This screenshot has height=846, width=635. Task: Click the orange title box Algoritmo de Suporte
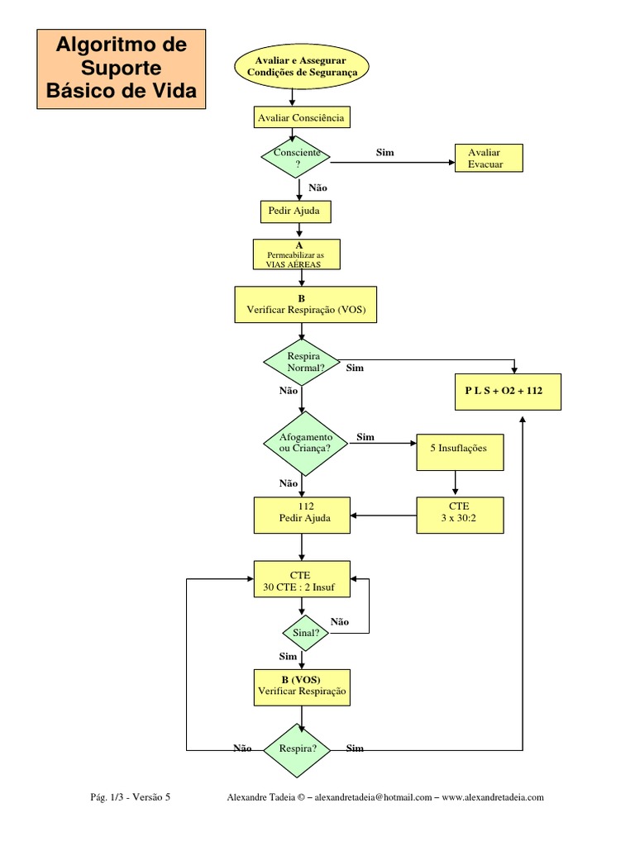click(x=121, y=69)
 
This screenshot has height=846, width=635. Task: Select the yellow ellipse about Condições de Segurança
click(x=302, y=66)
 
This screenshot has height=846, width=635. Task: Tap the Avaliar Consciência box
click(x=302, y=117)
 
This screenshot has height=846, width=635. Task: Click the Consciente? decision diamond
click(x=296, y=157)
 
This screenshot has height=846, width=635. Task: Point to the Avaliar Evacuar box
click(x=489, y=158)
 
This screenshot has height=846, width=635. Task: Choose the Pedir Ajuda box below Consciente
click(x=296, y=211)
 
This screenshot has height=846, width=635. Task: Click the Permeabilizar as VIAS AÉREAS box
click(x=297, y=254)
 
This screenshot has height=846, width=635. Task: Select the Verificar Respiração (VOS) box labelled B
click(x=306, y=304)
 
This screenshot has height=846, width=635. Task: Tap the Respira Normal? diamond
click(x=302, y=362)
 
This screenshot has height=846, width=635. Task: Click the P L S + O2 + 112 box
click(x=508, y=392)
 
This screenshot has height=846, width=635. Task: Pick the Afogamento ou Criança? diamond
click(x=306, y=444)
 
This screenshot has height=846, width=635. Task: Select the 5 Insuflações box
click(x=460, y=452)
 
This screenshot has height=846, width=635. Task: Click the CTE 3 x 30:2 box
click(x=460, y=516)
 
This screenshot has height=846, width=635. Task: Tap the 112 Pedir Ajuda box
click(x=302, y=516)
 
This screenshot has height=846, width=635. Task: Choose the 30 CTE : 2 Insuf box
click(x=302, y=579)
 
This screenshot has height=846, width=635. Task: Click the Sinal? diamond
click(x=306, y=633)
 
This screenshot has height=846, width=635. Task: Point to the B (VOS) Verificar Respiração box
click(x=302, y=687)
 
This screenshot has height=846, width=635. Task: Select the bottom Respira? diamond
click(x=297, y=750)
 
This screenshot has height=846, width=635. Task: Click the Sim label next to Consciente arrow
click(x=385, y=153)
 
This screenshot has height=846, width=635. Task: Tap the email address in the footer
click(x=373, y=797)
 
